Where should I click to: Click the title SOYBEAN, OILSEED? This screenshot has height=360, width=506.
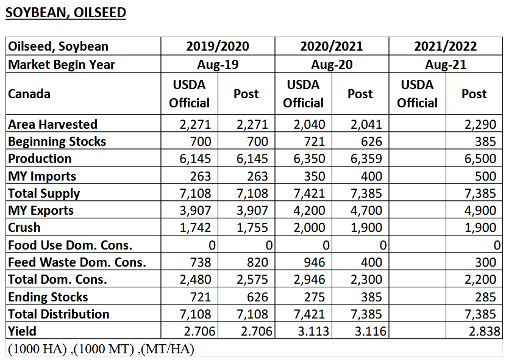coord(66,13)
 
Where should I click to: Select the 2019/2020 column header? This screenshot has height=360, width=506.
coord(218,46)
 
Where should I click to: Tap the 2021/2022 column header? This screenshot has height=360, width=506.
coord(445,46)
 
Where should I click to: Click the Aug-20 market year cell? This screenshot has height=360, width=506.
coord(331,64)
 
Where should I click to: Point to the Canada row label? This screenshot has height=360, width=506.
coord(29,94)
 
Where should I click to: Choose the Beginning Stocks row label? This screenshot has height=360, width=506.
coord(57,142)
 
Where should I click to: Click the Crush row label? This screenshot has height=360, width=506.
coord(24,228)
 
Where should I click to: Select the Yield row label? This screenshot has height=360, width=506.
coord(22,331)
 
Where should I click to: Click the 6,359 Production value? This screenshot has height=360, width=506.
coord(366,159)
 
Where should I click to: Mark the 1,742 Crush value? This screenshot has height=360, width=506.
coord(195,228)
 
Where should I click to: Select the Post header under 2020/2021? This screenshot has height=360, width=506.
coord(360,94)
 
